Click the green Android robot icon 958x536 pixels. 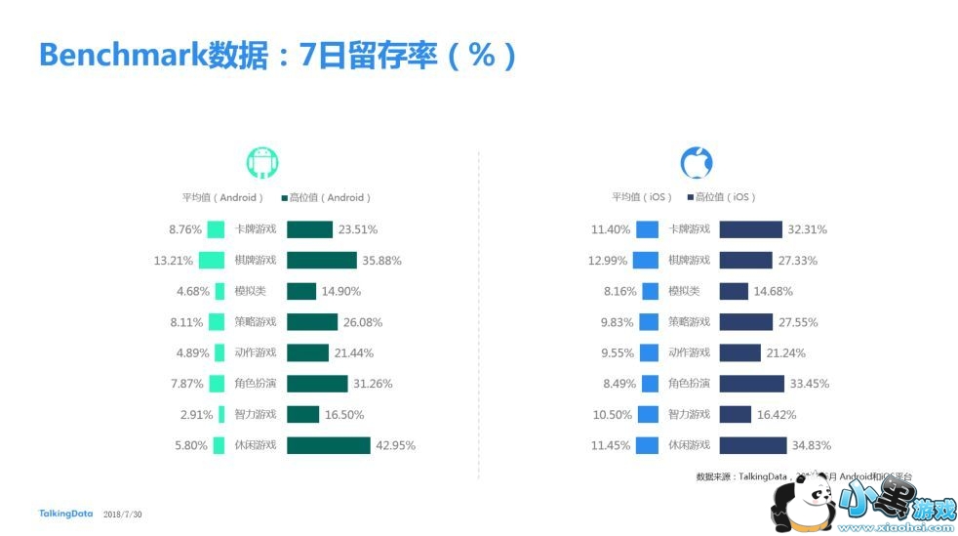click(261, 163)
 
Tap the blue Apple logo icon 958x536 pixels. click(696, 162)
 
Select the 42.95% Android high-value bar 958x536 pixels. click(328, 445)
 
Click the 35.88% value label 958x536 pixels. click(382, 261)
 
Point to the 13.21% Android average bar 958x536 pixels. click(212, 261)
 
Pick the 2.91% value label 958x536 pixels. click(196, 414)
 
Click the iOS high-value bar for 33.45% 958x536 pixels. click(751, 384)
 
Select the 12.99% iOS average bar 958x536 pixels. click(646, 261)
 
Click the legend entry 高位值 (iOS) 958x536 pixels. click(723, 197)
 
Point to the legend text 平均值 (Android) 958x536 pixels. click(222, 197)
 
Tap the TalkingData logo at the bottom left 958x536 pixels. click(65, 514)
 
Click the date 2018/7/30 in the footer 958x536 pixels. click(122, 515)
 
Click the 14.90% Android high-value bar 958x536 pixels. click(301, 291)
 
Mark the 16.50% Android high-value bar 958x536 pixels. click(302, 414)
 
